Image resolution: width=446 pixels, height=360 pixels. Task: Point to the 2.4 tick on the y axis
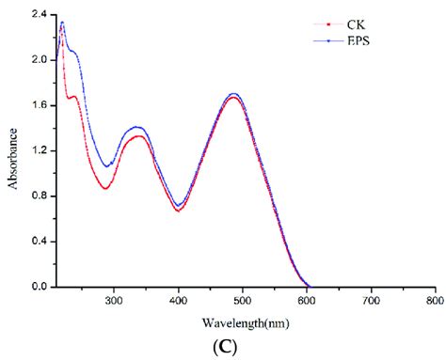32,15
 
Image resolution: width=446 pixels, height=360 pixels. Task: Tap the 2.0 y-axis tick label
32,60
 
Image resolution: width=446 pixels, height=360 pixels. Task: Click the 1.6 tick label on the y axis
32,105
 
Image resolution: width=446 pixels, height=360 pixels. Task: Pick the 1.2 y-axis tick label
32,150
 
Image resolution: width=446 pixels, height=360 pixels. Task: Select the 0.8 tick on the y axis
32,196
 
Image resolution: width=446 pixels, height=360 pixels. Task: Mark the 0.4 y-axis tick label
32,242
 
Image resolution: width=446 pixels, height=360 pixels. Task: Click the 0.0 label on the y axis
32,287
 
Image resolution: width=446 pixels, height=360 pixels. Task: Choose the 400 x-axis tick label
178,302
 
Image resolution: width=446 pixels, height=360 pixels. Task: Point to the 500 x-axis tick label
242,302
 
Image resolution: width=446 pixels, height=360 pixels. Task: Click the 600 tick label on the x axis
307,302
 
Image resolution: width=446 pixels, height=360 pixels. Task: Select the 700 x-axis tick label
371,302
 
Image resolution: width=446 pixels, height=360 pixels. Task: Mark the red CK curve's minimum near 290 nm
105,188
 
